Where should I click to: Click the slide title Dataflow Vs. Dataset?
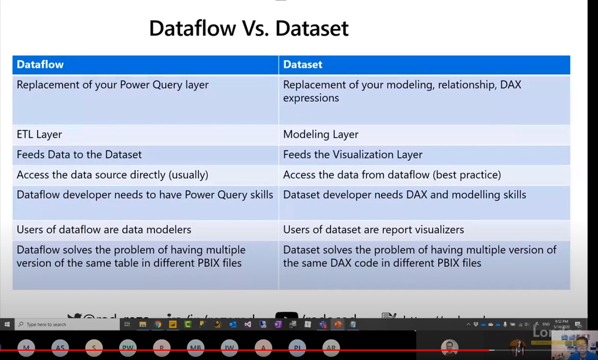coord(248,28)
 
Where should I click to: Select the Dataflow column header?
coord(40,65)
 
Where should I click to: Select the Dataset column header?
coord(302,65)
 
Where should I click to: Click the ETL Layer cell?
coord(39,134)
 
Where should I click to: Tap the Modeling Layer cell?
coord(321,134)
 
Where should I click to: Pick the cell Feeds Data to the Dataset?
coord(79,155)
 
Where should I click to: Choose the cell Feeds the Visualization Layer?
coord(353,155)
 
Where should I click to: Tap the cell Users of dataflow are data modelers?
coord(104,230)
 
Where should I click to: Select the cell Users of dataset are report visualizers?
coord(373,230)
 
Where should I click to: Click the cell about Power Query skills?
coord(145,195)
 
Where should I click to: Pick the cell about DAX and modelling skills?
coord(404,195)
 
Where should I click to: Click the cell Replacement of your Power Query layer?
coord(112,85)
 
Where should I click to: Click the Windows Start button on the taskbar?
coord(7,324)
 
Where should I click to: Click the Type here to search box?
coord(46,324)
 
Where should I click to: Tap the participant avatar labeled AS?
coord(60,348)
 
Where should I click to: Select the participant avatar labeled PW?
coord(128,348)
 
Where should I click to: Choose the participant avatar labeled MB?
coord(196,348)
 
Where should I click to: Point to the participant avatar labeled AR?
coord(331,348)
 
